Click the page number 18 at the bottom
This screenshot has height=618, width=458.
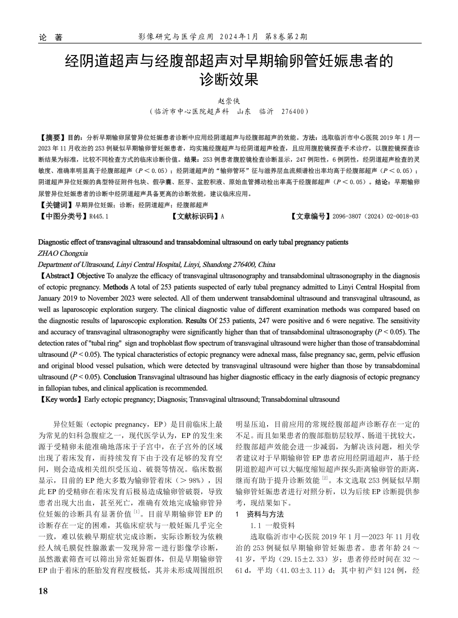click(x=43, y=591)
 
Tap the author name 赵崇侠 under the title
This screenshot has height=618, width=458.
click(x=229, y=101)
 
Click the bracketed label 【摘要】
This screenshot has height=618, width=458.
click(x=52, y=137)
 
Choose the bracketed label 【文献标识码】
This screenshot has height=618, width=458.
click(x=195, y=216)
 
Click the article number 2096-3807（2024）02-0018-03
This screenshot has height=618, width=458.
click(x=376, y=216)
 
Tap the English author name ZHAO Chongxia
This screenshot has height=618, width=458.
click(x=63, y=253)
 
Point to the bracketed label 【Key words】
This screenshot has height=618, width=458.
click(x=60, y=399)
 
